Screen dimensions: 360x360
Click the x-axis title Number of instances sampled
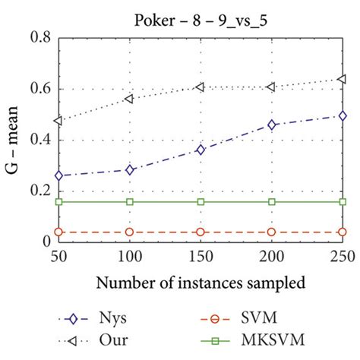(201, 283)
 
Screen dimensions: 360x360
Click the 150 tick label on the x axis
(201, 257)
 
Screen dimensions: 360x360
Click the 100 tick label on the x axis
(129, 257)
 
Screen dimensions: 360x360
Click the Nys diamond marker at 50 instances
(58, 175)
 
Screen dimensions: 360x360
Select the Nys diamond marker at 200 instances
(272, 125)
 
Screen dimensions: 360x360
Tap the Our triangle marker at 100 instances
(129, 99)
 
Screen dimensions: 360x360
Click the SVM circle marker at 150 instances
(201, 232)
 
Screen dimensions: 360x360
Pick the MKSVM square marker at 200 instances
(272, 201)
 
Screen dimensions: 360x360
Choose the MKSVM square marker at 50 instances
(58, 201)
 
